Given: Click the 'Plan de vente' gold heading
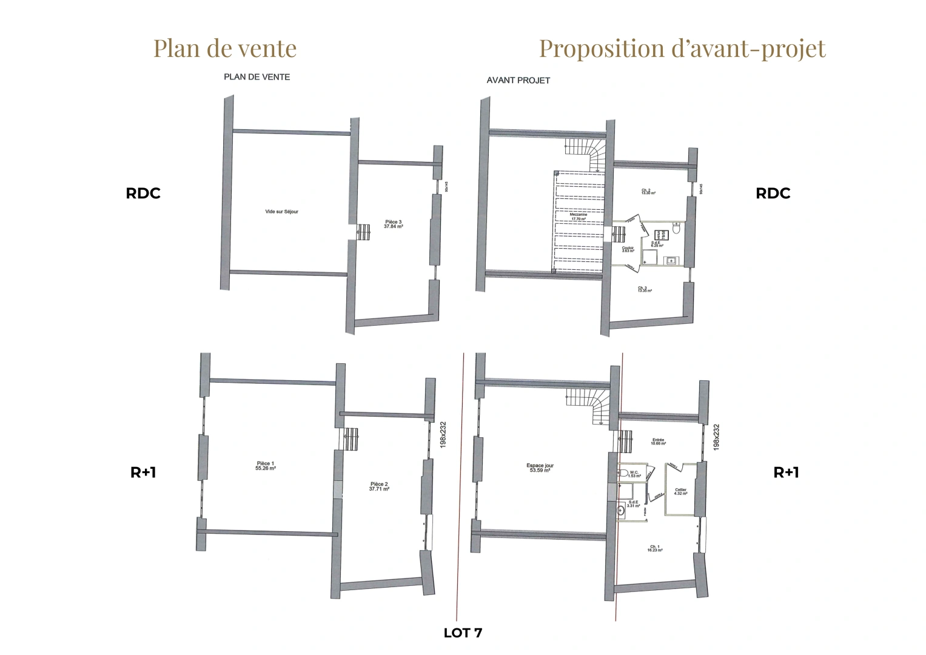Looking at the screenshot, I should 225,49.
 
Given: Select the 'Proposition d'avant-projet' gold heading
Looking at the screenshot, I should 682,49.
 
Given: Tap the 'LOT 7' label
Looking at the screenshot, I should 463,633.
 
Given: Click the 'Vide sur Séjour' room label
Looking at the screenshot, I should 281,212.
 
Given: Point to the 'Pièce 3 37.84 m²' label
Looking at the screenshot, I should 393,224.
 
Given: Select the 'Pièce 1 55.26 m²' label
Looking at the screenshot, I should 266,466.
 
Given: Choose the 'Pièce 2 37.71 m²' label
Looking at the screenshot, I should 379,486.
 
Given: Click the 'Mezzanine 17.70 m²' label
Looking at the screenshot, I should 578,217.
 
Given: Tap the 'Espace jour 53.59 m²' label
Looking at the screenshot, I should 540,468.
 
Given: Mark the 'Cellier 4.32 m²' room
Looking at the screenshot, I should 680,491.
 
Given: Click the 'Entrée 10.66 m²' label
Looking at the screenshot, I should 658,442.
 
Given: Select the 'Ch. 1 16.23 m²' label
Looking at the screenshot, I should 655,548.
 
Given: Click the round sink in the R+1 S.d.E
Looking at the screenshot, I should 620,511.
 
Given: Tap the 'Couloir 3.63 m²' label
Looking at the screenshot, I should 628,249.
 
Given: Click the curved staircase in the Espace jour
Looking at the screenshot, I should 588,406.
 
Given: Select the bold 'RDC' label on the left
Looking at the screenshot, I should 143,193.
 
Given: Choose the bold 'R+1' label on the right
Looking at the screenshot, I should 786,473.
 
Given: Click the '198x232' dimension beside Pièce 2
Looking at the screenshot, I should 443,435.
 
